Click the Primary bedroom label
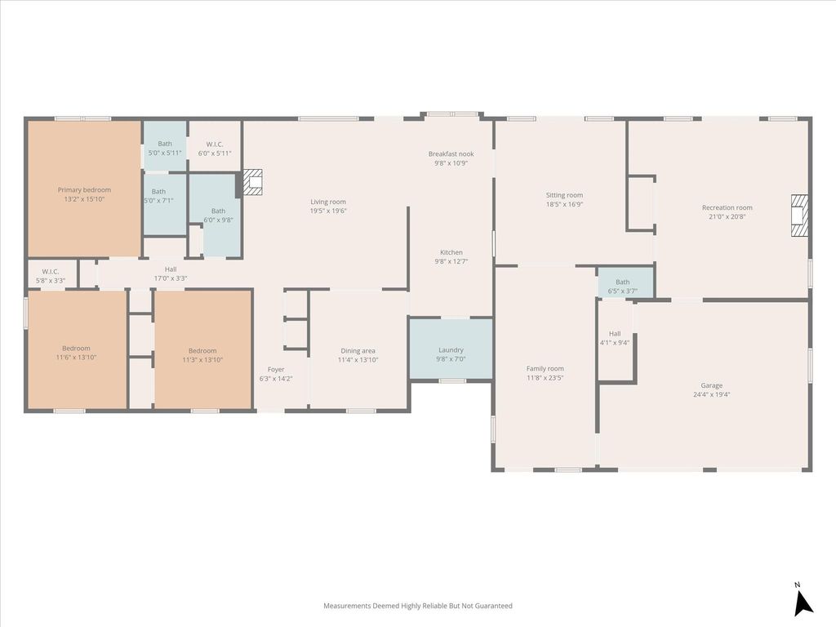point(84,189)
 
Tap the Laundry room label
point(451,350)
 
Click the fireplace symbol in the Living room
point(253,182)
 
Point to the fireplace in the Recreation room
point(800,216)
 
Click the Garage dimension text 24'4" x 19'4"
point(712,394)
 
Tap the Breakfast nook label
point(451,154)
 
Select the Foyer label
point(276,370)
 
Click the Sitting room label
point(565,195)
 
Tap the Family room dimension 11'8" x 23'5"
point(545,378)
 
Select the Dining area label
point(358,351)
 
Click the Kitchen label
point(451,252)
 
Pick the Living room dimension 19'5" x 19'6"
point(328,211)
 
